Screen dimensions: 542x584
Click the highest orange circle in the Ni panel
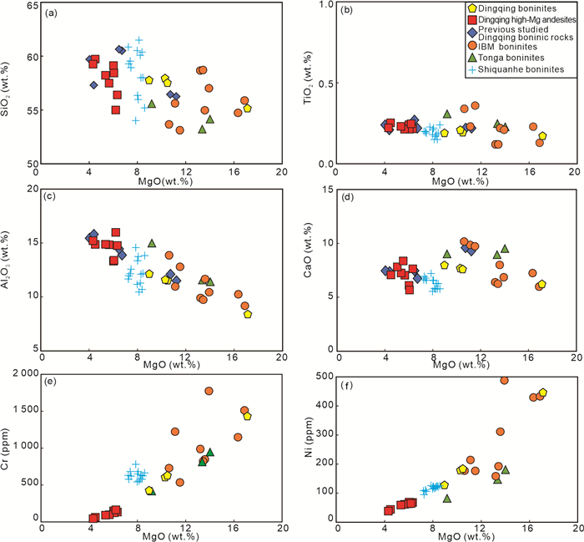click(505, 380)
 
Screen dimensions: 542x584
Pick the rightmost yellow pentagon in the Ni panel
click(543, 393)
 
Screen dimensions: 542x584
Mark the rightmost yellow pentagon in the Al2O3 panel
click(248, 314)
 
